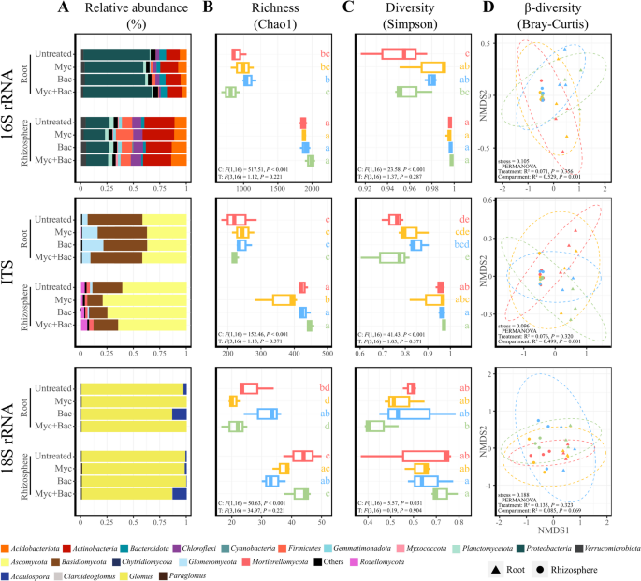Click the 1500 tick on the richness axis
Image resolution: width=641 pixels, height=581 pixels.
coord(278,192)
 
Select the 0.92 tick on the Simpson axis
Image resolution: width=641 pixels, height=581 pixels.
coord(364,192)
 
